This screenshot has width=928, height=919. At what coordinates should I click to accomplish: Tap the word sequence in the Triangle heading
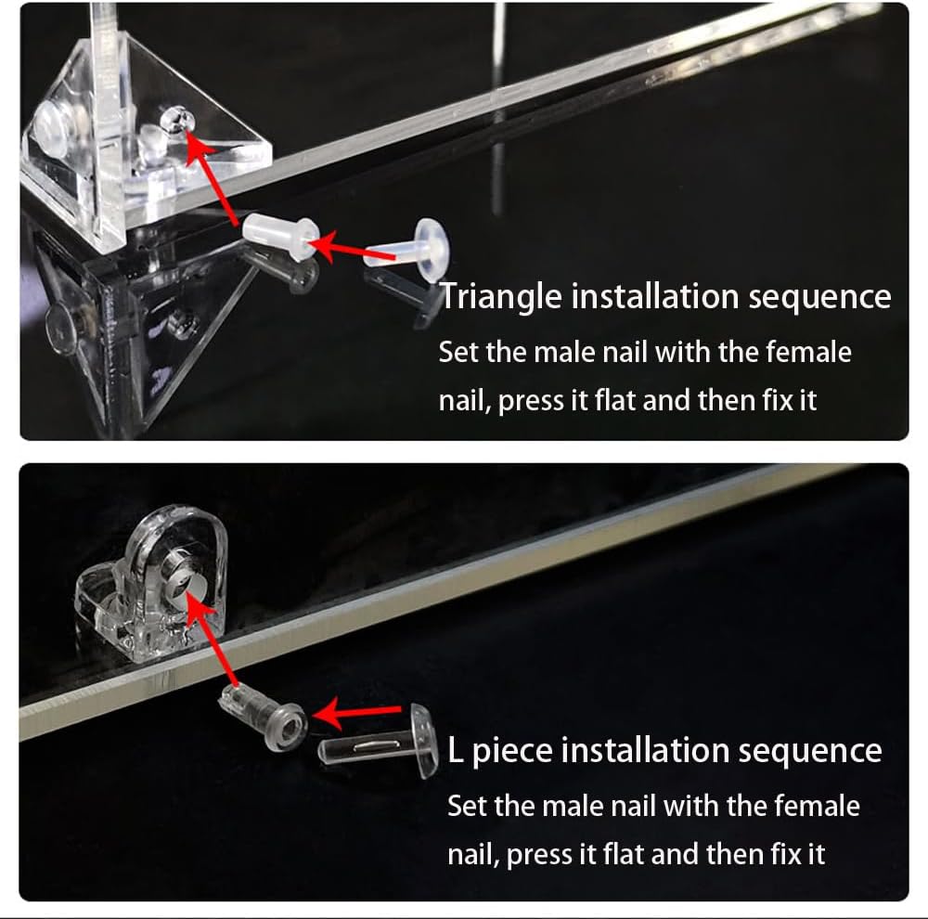click(819, 298)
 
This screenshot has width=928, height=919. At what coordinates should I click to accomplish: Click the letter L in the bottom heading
click(455, 750)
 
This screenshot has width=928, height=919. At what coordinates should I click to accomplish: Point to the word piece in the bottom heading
click(510, 752)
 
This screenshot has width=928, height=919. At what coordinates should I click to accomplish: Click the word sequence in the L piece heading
click(811, 751)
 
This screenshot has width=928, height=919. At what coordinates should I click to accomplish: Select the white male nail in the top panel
click(408, 250)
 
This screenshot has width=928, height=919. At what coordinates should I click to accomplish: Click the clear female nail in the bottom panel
click(264, 716)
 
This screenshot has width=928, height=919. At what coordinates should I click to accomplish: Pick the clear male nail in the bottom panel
click(379, 742)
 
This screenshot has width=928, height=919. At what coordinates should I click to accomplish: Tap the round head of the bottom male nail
click(424, 741)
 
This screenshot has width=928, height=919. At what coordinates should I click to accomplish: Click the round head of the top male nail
click(432, 249)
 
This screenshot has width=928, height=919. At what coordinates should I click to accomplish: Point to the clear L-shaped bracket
click(151, 583)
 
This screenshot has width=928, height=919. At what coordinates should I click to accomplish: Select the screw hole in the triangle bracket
click(177, 119)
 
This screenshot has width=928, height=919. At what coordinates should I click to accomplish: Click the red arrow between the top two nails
click(351, 249)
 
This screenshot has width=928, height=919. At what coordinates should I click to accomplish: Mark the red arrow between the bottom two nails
click(357, 712)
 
